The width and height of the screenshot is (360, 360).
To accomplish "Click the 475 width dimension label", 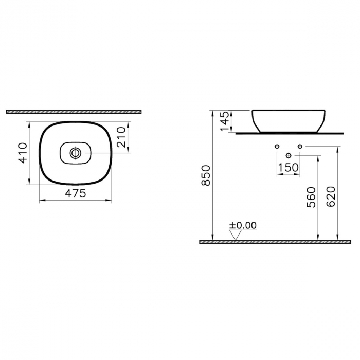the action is (x=76, y=193).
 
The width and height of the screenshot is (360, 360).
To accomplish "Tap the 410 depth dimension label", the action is (x=23, y=153).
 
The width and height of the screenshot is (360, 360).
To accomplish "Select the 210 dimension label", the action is (x=121, y=137).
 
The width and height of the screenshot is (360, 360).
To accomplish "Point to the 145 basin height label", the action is (x=225, y=121).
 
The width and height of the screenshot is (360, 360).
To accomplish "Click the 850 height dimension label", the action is (x=206, y=175).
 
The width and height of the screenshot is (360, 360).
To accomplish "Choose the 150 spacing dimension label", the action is (x=288, y=167).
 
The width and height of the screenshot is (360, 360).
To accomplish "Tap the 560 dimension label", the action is (x=312, y=197).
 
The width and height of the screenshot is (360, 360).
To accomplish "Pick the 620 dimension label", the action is (x=331, y=196).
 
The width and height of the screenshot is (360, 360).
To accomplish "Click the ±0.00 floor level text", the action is (x=243, y=225).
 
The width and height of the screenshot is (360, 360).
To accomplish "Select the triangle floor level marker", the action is (x=236, y=235).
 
